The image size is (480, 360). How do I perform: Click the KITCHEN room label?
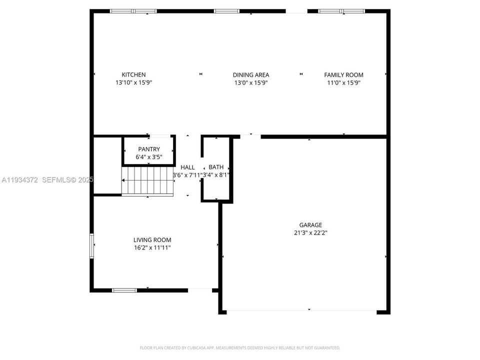pyautogui.click(x=133, y=75)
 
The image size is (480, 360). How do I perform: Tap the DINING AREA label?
pyautogui.click(x=251, y=75)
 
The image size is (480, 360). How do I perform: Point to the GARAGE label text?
pyautogui.click(x=310, y=225)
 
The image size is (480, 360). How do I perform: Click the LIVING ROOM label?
pyautogui.click(x=152, y=240)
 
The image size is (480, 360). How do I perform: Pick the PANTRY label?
pyautogui.click(x=149, y=149)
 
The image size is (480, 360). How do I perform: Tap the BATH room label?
pyautogui.click(x=216, y=167)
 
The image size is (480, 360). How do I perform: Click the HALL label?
pyautogui.click(x=188, y=167)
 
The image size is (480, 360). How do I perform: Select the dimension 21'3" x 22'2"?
pyautogui.click(x=310, y=232)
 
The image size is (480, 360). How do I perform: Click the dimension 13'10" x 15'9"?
pyautogui.click(x=133, y=82)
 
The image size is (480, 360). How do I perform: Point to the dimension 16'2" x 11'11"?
pyautogui.click(x=152, y=247)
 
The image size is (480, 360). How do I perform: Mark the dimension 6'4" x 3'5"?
pyautogui.click(x=149, y=157)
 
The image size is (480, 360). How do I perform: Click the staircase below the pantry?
pyautogui.click(x=147, y=181)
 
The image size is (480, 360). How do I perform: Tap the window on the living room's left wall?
pyautogui.click(x=91, y=245)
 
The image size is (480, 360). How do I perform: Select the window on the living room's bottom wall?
pyautogui.click(x=124, y=290)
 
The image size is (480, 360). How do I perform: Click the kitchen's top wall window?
pyautogui.click(x=133, y=11)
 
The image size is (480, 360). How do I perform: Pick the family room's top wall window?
pyautogui.click(x=341, y=11)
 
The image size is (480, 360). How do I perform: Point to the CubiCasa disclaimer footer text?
pyautogui.click(x=239, y=347)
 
